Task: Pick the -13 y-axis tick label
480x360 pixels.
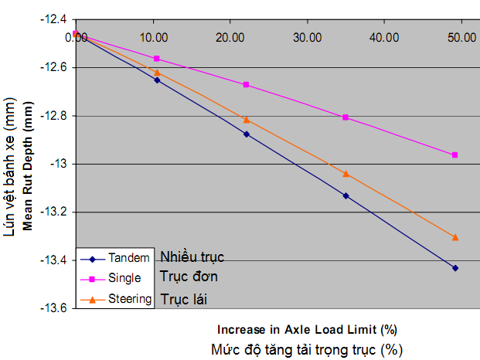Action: pos(59,165)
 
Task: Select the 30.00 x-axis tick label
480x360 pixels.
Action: pos(308,38)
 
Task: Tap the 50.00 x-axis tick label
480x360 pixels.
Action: pos(461,38)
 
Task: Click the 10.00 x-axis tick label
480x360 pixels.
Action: pos(154,38)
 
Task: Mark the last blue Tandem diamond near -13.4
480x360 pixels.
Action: pos(455,268)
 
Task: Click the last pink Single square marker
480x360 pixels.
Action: pos(455,155)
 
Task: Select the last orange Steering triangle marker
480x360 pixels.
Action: pos(455,237)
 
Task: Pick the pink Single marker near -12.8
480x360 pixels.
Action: pos(346,117)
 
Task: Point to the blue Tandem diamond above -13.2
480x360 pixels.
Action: pos(346,196)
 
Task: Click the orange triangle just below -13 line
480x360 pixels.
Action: pos(346,174)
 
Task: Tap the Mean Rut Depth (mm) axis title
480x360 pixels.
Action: pos(28,166)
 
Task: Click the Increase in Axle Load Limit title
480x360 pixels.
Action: pos(307,330)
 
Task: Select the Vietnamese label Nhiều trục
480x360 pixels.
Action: pos(192,257)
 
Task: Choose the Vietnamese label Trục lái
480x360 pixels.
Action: pos(184,299)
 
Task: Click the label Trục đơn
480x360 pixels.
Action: pos(189,277)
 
